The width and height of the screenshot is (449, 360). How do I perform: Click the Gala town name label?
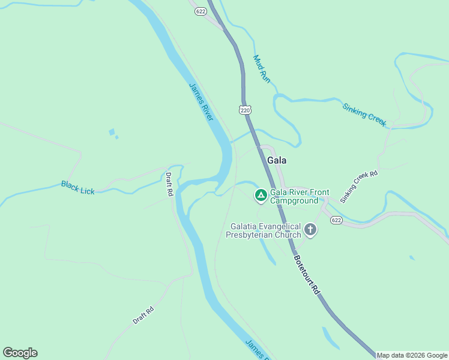point(277,161)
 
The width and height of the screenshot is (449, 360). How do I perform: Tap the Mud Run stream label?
point(262,68)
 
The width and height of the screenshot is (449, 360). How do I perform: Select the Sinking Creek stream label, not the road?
point(364,115)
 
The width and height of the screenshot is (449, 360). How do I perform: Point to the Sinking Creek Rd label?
point(359,185)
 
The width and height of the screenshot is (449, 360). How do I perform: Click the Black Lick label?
point(77,187)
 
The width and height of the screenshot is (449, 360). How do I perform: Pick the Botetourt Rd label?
point(307,274)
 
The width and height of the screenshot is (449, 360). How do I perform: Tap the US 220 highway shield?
point(244,110)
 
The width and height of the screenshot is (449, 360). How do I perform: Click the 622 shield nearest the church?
point(336,221)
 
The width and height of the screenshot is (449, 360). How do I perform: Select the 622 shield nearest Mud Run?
point(200,11)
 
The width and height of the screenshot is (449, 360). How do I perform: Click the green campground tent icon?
point(261,195)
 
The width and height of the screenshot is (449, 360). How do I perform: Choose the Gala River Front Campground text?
point(299,196)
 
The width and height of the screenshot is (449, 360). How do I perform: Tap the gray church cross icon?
point(310,229)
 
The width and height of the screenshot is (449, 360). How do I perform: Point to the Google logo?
point(20,353)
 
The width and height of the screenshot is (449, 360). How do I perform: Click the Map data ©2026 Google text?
point(412,355)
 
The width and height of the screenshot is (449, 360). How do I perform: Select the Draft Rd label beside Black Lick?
point(169,185)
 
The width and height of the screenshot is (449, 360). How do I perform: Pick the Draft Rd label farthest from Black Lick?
point(143,316)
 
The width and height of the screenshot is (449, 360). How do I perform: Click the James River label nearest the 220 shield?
point(201,101)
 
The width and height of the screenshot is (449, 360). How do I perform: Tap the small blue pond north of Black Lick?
point(112,132)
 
